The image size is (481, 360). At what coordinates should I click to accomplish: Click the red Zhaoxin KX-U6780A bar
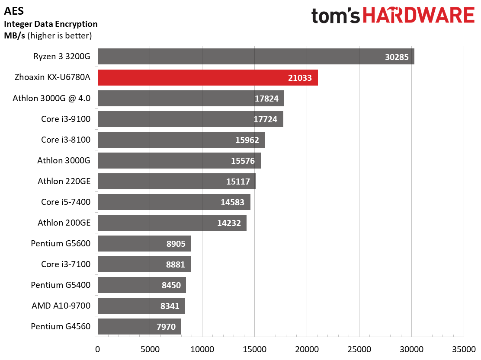208,77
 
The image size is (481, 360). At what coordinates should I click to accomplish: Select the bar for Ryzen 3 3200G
256,57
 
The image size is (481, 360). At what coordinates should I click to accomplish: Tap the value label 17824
266,99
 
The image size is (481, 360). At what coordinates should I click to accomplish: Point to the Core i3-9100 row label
66,119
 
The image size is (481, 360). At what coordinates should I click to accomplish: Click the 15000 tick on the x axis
254,349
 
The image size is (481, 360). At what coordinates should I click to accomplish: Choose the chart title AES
14,11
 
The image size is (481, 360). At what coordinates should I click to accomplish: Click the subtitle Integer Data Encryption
51,24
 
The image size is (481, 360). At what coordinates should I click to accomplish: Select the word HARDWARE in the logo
419,15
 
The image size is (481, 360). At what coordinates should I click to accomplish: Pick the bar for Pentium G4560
140,327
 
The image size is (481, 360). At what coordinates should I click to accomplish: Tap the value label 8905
176,244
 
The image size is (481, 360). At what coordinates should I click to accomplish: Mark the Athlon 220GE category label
64,182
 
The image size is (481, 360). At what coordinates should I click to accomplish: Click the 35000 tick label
464,349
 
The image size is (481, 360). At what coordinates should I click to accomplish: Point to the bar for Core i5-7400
174,202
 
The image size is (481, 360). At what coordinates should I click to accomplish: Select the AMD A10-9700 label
61,306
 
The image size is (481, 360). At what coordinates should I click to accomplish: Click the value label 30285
397,57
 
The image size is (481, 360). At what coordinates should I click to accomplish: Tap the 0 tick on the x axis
98,349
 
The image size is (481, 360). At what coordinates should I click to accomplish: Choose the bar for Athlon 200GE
172,223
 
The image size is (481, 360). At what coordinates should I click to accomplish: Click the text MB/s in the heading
14,35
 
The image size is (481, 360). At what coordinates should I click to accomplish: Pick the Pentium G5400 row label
61,285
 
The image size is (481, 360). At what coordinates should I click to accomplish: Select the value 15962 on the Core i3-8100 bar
247,140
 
